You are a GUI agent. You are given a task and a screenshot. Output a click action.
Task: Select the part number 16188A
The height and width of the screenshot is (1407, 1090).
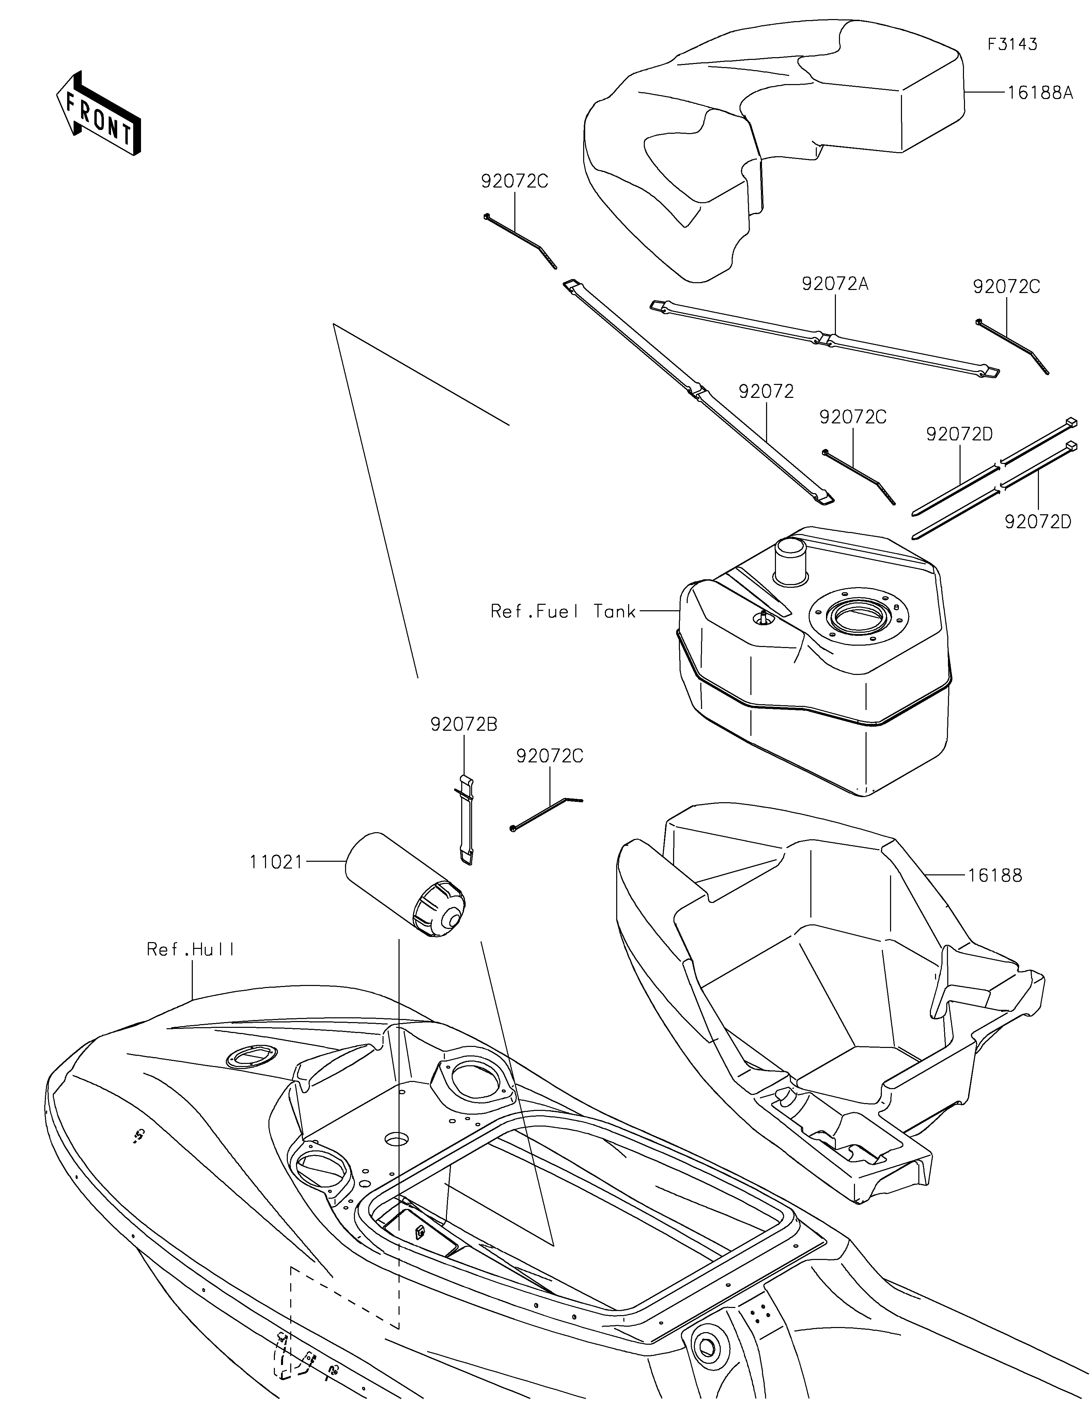pyautogui.click(x=1040, y=93)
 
